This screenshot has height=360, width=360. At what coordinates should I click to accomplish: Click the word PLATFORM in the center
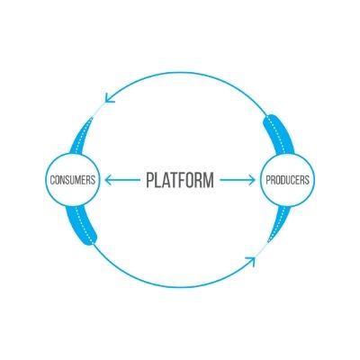pos(180,180)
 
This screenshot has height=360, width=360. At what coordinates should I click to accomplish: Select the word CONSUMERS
pos(73,180)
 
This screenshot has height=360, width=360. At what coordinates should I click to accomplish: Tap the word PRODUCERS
pos(287,180)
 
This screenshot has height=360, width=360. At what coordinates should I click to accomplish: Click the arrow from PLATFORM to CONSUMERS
pos(122,180)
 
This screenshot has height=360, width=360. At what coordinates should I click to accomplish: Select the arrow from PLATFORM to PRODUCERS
pos(238,180)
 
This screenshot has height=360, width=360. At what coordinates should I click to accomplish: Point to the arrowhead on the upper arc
pos(109,98)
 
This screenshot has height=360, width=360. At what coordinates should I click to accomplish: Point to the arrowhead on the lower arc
pos(251,261)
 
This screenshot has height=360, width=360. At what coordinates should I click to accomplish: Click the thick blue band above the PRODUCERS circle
pos(279,135)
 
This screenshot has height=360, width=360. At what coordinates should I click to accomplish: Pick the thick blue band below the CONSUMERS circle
pos(81,226)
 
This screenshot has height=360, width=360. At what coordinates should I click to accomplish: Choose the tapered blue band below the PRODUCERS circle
pos(280,223)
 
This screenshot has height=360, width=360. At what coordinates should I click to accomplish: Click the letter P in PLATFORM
pos(150,180)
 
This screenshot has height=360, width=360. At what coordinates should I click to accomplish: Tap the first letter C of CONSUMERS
pos(53,180)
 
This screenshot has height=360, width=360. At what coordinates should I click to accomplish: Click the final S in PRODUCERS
pos(307,180)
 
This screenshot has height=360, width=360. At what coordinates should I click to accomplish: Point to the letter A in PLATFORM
pos(165,180)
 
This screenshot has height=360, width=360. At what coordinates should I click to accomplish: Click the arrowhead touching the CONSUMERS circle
pos(108,180)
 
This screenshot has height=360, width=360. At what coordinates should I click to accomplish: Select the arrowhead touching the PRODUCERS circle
pos(252,180)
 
